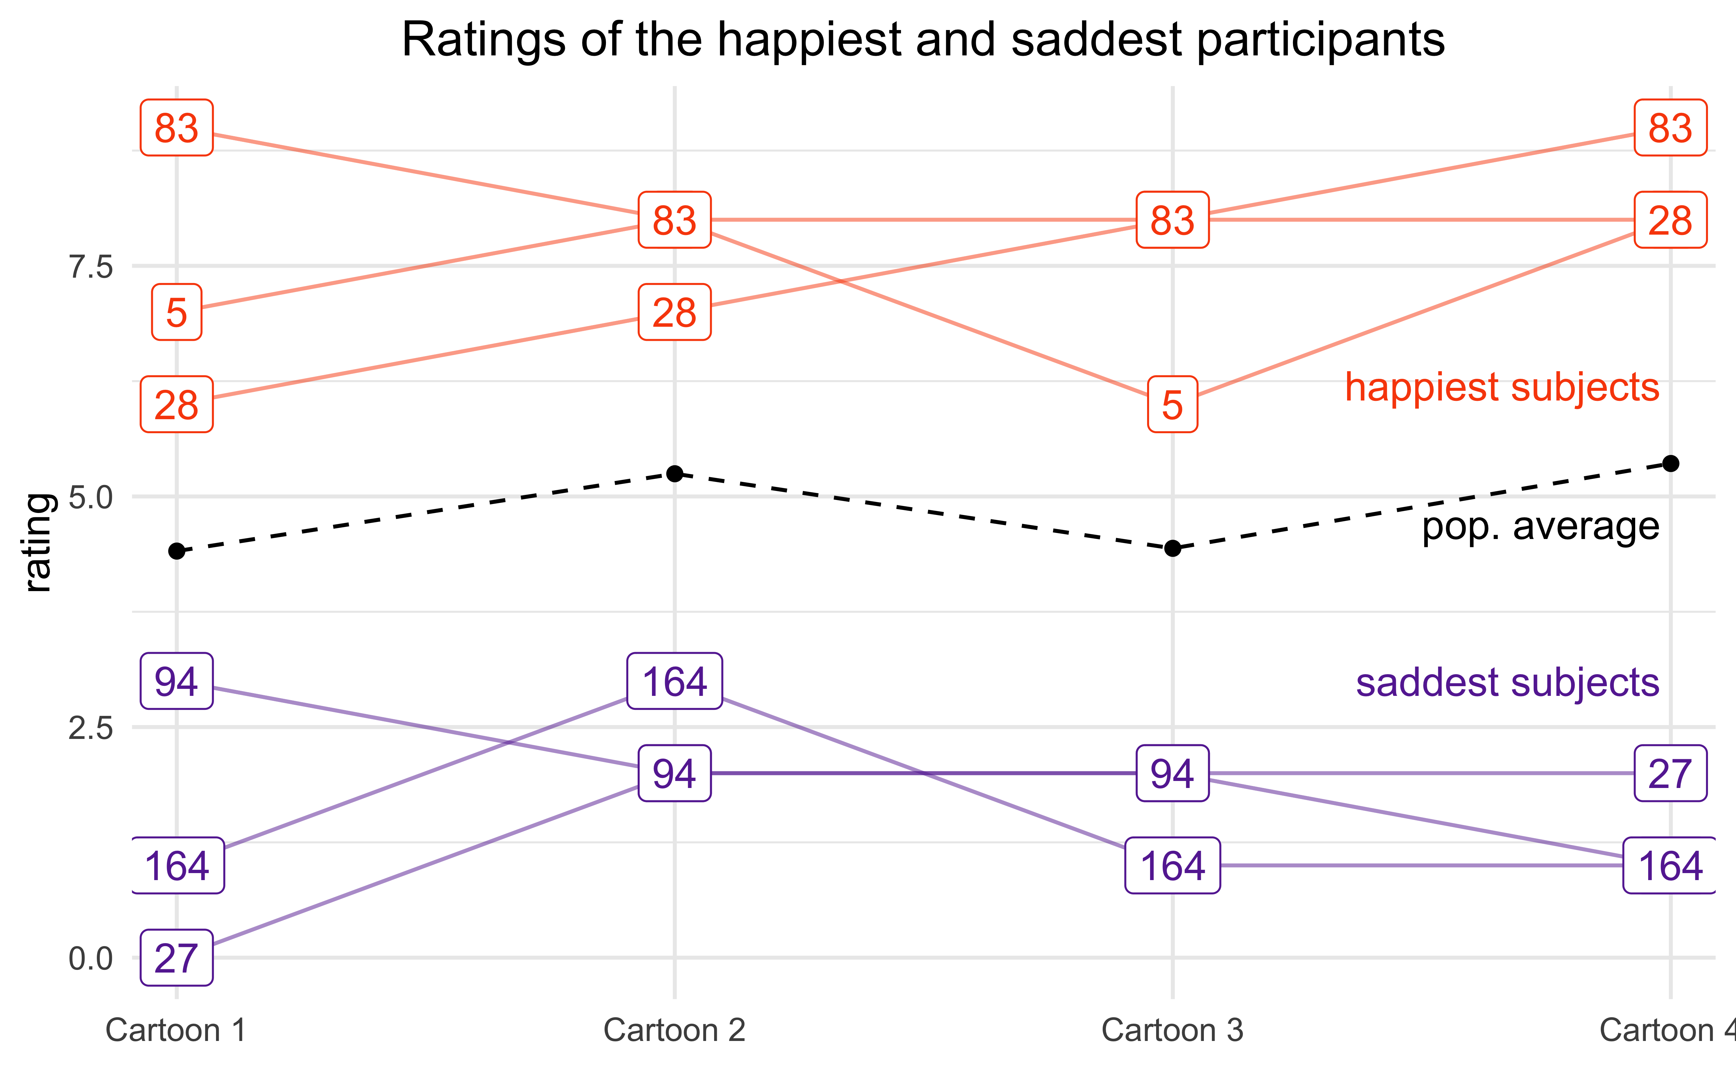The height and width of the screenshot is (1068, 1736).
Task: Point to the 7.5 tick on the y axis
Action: [90, 267]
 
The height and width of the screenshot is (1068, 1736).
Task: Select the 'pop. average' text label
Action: [1540, 526]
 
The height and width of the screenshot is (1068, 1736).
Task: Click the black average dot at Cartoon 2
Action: [675, 473]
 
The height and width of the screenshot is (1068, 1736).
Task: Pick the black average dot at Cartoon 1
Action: [177, 551]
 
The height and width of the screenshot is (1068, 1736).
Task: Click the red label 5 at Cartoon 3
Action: [1172, 405]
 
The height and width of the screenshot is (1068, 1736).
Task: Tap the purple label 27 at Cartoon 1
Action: [177, 958]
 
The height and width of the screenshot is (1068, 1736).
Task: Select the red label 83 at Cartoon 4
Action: [1670, 128]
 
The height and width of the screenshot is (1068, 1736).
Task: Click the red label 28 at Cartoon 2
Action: [675, 312]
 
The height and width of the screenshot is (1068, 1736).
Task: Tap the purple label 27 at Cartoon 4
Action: [1670, 773]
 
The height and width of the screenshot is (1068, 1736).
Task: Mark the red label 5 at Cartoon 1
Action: [177, 312]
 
